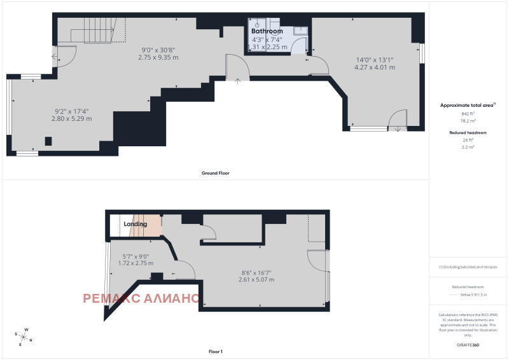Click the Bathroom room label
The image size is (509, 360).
267,31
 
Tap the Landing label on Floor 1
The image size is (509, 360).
135,224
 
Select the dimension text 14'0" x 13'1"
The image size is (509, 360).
375,60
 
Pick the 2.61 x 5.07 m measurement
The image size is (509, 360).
256,279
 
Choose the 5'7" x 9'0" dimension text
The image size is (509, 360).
136,256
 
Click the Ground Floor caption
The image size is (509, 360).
215,173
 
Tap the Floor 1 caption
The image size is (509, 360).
216,352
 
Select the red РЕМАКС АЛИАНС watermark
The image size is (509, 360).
141,298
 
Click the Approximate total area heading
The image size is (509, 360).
466,104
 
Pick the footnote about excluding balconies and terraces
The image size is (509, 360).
468,267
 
